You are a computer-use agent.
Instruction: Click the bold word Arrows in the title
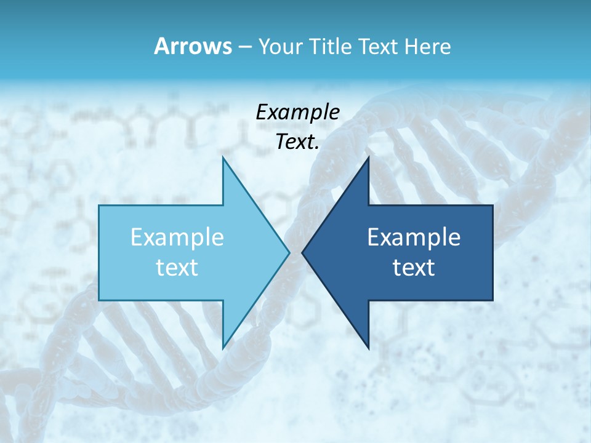[193, 47]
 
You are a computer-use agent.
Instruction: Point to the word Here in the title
[427, 47]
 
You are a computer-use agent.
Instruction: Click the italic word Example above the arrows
[297, 112]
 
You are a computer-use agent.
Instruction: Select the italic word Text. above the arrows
[297, 142]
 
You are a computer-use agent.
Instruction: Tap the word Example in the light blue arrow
[177, 237]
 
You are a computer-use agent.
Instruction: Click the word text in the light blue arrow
[177, 268]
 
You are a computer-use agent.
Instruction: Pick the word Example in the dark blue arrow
[414, 237]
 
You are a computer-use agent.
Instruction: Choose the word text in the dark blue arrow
[414, 268]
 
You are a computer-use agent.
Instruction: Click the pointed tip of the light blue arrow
[289, 252]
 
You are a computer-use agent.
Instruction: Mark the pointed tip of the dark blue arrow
[302, 252]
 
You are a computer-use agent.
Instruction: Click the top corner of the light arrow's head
[223, 157]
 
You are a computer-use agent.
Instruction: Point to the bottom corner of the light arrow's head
[223, 348]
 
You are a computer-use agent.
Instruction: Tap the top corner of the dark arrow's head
[368, 157]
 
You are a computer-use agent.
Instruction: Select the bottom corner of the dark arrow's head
[368, 348]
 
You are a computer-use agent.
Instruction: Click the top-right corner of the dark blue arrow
[492, 206]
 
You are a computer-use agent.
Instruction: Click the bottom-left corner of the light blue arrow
[99, 300]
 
